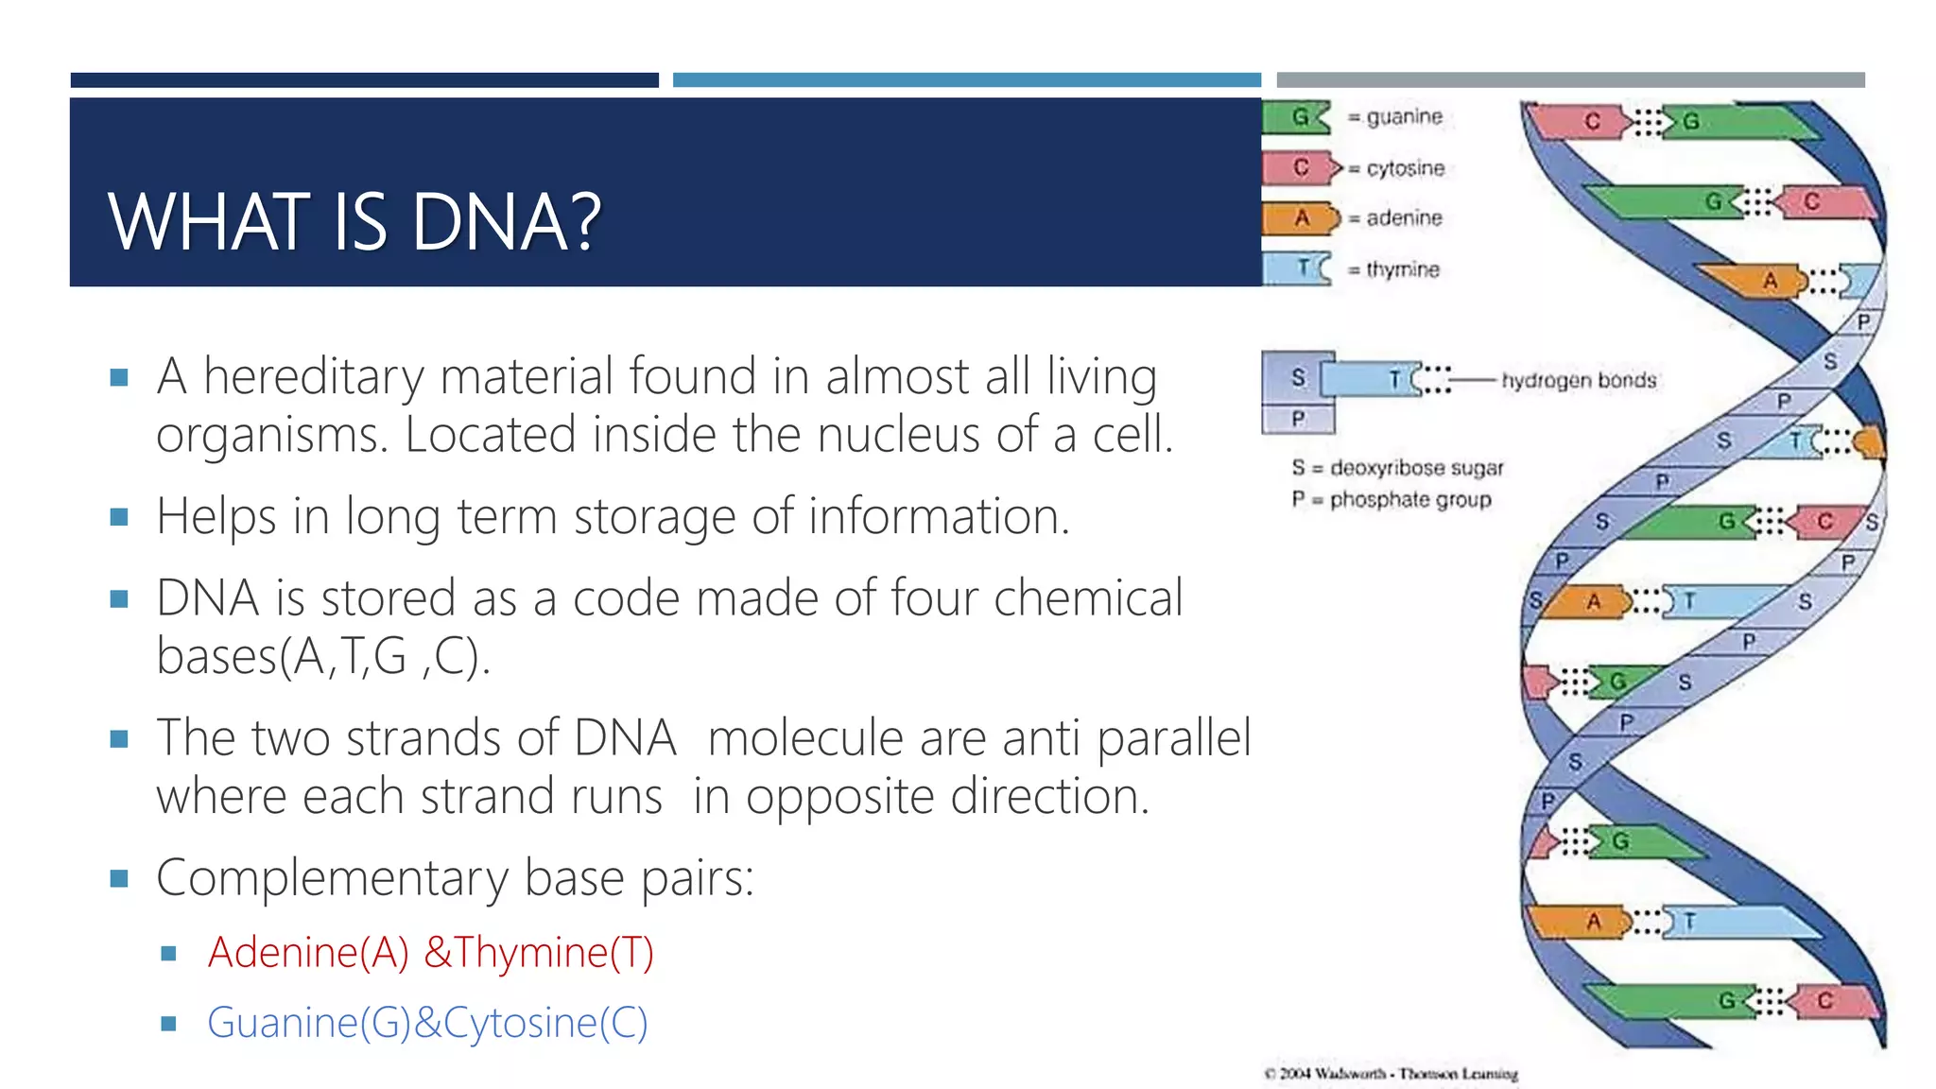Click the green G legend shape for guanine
point(1296,117)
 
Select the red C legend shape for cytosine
point(1300,168)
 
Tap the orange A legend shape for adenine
point(1300,218)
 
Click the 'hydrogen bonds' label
point(1578,380)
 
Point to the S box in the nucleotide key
point(1298,378)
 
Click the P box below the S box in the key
point(1298,418)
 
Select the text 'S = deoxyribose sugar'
point(1396,468)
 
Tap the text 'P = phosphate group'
point(1391,499)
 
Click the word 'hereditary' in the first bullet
point(314,377)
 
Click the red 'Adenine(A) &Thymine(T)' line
point(430,952)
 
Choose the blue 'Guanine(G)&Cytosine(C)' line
point(427,1023)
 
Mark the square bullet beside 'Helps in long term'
point(119,517)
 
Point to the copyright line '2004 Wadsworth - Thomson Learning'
point(1391,1074)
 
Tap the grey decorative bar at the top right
point(1570,80)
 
